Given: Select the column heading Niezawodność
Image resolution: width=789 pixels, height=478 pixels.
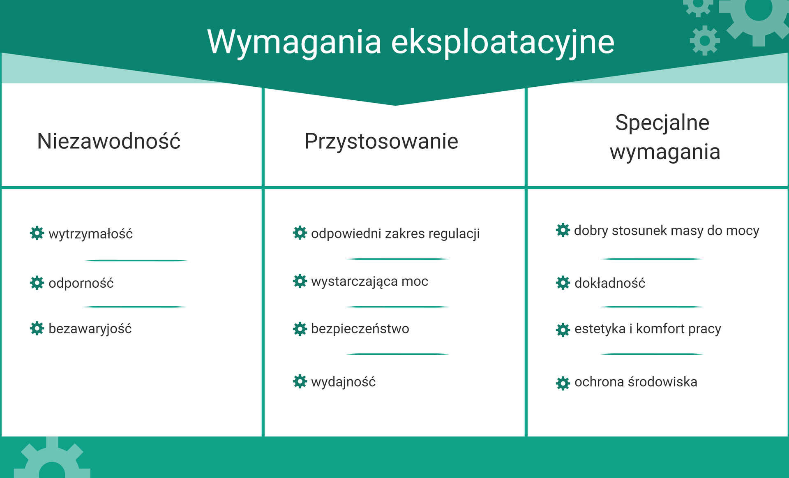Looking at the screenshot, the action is [108, 141].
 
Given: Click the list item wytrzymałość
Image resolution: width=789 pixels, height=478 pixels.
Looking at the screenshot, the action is [90, 234].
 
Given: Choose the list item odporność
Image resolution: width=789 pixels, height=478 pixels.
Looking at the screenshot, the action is [81, 283].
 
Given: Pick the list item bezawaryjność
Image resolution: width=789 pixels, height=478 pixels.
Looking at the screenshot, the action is [90, 329].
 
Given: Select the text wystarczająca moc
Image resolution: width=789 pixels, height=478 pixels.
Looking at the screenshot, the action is [369, 282].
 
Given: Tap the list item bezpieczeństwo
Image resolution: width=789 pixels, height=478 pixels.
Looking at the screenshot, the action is [360, 329].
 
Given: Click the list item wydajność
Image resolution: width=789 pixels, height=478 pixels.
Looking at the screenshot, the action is [343, 382].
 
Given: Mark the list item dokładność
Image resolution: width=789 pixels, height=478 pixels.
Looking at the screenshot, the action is [610, 283].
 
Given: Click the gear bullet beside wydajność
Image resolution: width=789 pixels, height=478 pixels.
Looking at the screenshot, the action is [300, 381].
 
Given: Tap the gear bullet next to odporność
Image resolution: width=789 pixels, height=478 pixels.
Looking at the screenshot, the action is [37, 283].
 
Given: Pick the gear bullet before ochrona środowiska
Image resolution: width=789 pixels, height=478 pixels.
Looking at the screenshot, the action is [563, 383].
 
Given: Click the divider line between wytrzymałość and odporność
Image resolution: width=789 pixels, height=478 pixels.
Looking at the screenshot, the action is [136, 260].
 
